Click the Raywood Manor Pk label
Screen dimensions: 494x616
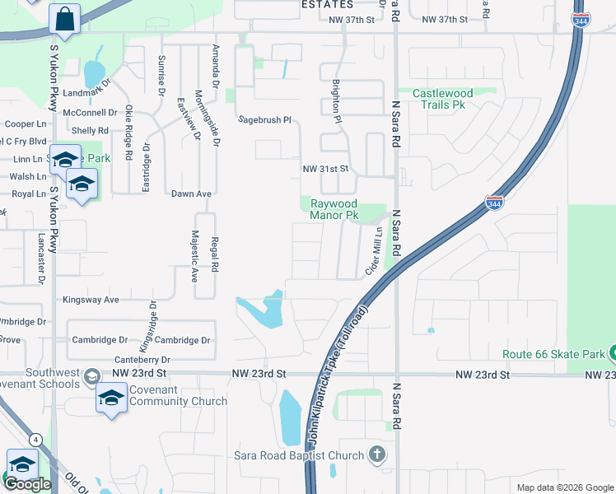(x=334, y=209)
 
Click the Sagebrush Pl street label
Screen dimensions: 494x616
(x=265, y=119)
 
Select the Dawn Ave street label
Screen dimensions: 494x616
(x=191, y=193)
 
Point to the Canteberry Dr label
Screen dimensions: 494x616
(x=142, y=360)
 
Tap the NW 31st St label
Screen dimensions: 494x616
(x=327, y=169)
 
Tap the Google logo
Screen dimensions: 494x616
(x=28, y=484)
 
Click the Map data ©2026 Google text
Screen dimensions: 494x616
(x=565, y=487)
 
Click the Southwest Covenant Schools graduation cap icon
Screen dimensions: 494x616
(x=91, y=376)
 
